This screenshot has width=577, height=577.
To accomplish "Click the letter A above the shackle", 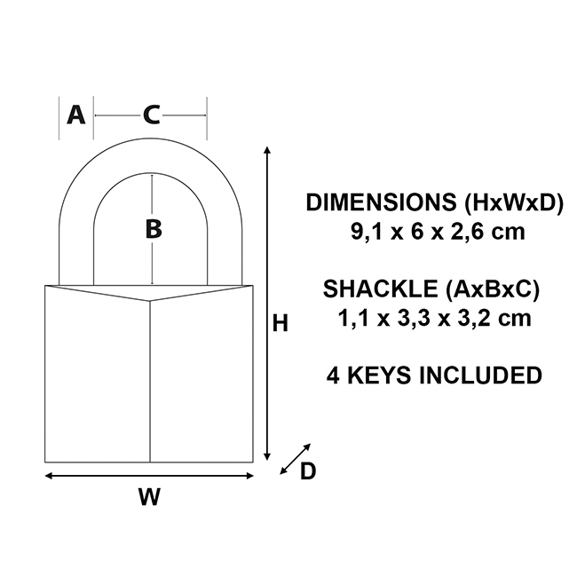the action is click(75, 115).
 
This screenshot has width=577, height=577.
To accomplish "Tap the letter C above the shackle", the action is click(151, 115).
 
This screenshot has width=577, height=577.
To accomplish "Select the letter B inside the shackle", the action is click(154, 229).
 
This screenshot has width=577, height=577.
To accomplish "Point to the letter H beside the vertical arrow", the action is click(280, 324).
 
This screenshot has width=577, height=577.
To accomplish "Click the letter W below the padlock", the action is click(149, 497).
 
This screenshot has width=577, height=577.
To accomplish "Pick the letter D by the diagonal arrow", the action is click(308, 471).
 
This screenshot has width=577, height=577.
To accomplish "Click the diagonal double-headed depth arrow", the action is click(295, 459).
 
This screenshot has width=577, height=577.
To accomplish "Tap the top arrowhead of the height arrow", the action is click(267, 149).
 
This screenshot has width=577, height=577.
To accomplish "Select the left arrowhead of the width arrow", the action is click(48, 476).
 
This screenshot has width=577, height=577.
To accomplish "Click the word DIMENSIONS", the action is click(381, 202).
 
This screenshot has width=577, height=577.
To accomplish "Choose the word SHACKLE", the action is click(380, 288).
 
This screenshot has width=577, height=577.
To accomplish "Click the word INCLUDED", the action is click(480, 375).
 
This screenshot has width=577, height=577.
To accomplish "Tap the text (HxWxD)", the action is click(514, 202).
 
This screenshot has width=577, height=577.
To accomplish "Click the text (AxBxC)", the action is click(493, 289).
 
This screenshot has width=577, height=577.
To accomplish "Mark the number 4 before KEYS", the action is click(333, 375).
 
